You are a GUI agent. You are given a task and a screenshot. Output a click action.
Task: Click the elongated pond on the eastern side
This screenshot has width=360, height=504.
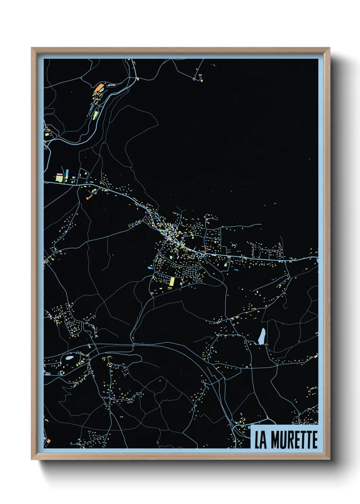click(262, 336)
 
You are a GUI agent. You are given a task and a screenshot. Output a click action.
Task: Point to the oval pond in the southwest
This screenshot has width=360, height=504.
click(69, 358)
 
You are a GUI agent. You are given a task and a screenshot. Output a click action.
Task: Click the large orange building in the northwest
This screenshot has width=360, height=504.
click(99, 89)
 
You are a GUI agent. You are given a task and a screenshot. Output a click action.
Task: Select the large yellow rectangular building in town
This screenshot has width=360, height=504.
click(172, 282)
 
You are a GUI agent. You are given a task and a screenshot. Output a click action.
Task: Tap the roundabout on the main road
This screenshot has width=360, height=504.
click(203, 254)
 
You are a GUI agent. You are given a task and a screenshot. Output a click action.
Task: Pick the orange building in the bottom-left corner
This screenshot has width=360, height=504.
click(48, 442)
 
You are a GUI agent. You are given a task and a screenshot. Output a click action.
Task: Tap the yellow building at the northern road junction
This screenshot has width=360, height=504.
click(137, 79)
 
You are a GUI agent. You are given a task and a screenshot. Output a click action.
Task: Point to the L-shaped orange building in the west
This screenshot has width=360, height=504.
click(89, 196)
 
